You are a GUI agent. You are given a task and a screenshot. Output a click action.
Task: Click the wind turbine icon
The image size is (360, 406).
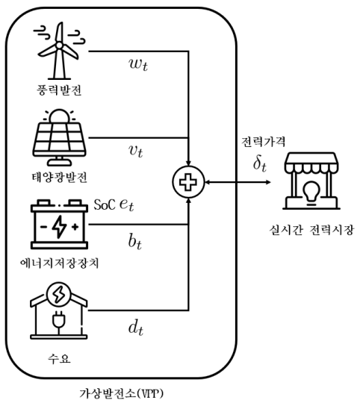click(x=59, y=51)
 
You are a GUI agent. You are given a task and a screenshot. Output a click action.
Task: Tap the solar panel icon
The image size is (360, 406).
click(x=59, y=137)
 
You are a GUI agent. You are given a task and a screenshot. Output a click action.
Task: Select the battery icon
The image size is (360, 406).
click(x=59, y=224)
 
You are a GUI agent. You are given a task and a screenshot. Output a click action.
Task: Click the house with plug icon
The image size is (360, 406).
click(x=59, y=311)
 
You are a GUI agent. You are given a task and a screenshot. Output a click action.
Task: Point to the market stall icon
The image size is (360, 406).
click(x=311, y=181)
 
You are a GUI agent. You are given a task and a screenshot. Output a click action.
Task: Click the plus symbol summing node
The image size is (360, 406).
click(x=188, y=182)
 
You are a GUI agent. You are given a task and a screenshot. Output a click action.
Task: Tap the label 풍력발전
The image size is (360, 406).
click(x=59, y=90)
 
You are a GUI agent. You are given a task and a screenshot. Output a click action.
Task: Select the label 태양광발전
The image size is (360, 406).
click(x=59, y=178)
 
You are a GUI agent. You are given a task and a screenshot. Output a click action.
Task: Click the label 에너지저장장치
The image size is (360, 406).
click(x=59, y=263)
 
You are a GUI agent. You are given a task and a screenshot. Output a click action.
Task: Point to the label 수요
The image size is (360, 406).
click(x=59, y=359)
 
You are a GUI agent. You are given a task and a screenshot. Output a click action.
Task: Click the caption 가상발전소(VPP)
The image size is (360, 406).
click(x=121, y=393)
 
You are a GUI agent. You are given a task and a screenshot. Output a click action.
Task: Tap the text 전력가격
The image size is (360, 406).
click(x=264, y=142)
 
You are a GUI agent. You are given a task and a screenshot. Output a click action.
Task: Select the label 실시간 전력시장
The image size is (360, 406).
click(x=311, y=230)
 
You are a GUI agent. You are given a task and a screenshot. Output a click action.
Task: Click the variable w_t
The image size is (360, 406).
click(x=138, y=64)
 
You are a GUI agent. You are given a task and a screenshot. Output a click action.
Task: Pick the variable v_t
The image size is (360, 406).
click(x=135, y=151)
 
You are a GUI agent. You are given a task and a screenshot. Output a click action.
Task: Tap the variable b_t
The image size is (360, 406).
click(x=135, y=241)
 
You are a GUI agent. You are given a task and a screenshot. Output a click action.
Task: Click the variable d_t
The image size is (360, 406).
click(x=136, y=328)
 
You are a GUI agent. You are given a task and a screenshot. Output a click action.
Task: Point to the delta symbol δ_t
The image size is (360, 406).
click(x=260, y=163)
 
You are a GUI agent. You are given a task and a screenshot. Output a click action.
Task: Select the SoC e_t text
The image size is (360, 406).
click(x=114, y=204)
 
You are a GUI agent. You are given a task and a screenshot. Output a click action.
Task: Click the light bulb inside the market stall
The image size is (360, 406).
click(x=311, y=192)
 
